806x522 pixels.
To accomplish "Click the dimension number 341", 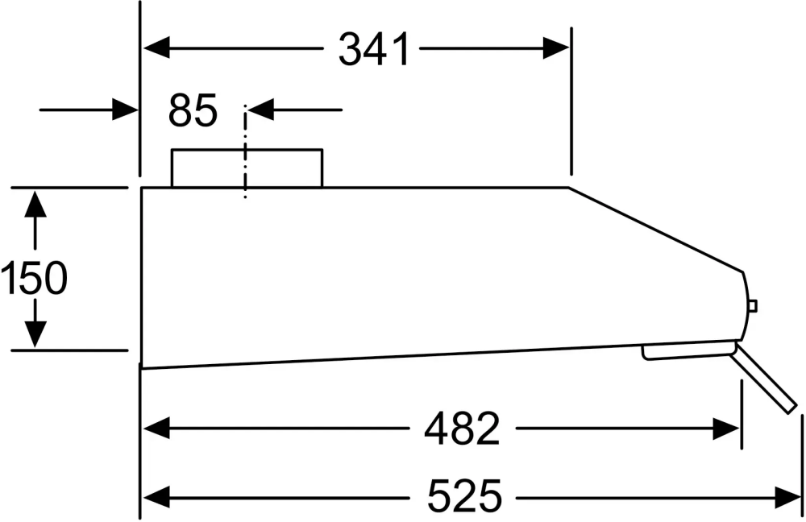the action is point(374,51).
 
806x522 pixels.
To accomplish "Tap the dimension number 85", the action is point(193,110).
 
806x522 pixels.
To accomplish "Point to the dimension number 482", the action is point(462,429).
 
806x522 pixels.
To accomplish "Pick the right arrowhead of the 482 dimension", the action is point(726,429).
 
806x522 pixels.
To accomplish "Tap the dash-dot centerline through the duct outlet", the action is point(244,153).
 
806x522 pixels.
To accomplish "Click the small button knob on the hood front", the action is point(753,305).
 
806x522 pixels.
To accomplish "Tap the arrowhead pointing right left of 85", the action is point(125,109).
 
